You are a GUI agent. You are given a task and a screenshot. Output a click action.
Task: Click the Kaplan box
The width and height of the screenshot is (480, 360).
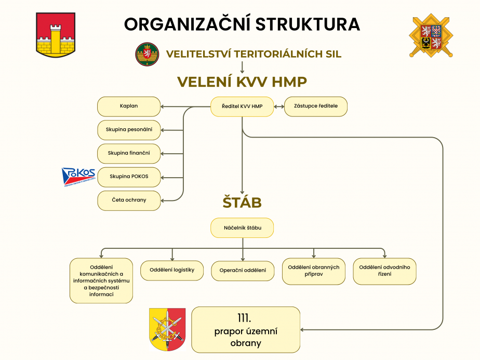tap(129, 106)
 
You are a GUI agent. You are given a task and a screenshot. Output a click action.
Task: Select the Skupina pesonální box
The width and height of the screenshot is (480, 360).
tap(129, 130)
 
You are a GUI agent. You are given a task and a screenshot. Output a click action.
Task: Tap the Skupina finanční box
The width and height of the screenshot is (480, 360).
tap(129, 154)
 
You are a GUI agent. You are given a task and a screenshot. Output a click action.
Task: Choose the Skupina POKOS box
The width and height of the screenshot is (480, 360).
tap(129, 177)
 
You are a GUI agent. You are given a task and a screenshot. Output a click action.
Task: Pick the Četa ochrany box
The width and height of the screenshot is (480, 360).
tap(129, 201)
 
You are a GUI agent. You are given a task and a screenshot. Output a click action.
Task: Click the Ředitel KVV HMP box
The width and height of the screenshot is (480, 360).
tap(242, 106)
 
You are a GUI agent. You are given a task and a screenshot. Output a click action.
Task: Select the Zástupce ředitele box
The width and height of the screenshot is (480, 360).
tap(316, 106)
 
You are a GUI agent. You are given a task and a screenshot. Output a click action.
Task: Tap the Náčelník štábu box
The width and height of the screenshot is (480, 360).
tap(242, 228)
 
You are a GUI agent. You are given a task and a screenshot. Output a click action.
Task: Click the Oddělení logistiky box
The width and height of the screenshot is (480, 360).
tap(172, 270)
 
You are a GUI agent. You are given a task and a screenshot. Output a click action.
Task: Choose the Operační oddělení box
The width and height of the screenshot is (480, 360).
tap(243, 271)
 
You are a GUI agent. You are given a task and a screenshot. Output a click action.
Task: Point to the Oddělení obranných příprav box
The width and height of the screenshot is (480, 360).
tap(314, 271)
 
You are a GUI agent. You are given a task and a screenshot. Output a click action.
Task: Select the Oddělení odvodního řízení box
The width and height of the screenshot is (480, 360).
tap(384, 271)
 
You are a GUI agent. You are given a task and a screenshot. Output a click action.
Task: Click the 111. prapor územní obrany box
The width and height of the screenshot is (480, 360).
tap(246, 330)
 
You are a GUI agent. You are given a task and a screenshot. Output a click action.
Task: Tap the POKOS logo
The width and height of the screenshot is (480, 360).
tap(78, 177)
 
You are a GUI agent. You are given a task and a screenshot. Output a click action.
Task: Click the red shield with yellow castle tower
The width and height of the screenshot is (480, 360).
tap(56, 35)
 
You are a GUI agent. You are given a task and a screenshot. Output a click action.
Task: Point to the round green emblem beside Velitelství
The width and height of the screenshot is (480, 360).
tap(147, 55)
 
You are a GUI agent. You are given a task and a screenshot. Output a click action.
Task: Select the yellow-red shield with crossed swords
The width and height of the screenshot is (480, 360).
tap(167, 329)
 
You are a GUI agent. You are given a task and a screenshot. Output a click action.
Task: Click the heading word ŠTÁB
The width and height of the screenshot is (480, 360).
tap(242, 203)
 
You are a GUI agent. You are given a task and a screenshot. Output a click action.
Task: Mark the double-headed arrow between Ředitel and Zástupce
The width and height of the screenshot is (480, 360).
tap(279, 106)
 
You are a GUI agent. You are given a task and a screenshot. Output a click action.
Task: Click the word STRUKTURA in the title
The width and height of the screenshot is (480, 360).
tap(308, 24)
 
